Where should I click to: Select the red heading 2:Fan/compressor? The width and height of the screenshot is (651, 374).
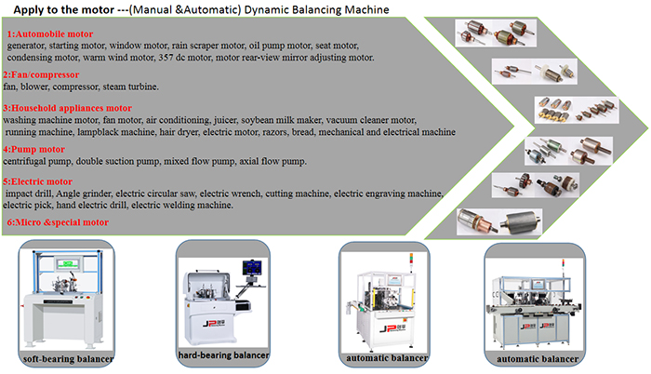39,74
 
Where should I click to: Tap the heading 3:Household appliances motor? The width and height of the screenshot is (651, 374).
67,108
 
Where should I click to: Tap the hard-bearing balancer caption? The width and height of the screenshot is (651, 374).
223,355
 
